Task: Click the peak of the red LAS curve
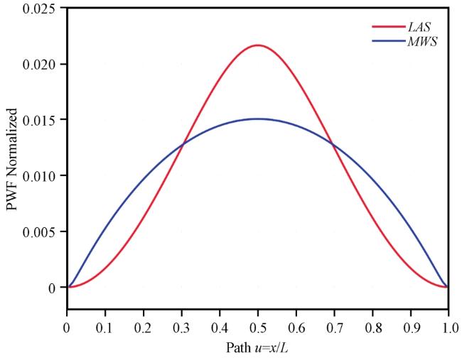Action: pyautogui.click(x=258, y=45)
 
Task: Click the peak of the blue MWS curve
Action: pyautogui.click(x=258, y=119)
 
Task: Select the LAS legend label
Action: pyautogui.click(x=419, y=27)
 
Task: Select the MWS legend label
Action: pyautogui.click(x=422, y=41)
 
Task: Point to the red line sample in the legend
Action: pyautogui.click(x=389, y=26)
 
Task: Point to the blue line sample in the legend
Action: pyautogui.click(x=389, y=41)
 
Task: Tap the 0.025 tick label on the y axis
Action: pyautogui.click(x=39, y=9)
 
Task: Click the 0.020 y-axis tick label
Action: pyautogui.click(x=39, y=64)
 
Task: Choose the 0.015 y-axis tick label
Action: pyautogui.click(x=39, y=120)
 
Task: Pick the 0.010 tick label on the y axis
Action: pyautogui.click(x=39, y=176)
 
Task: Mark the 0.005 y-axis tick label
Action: pyautogui.click(x=39, y=232)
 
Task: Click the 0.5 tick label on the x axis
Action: pyautogui.click(x=258, y=328)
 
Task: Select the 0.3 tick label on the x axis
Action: pyautogui.click(x=181, y=328)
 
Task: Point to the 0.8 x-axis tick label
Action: pyautogui.click(x=372, y=328)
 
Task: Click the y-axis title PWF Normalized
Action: pyautogui.click(x=11, y=159)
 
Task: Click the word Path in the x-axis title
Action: pyautogui.click(x=238, y=348)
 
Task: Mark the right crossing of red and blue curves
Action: pyautogui.click(x=332, y=144)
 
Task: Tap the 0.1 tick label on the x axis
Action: pyautogui.click(x=105, y=328)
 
